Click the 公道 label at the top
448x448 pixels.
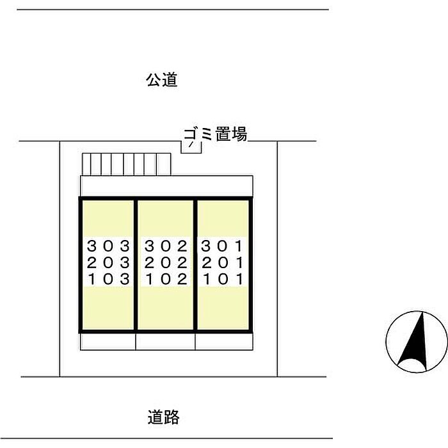161,81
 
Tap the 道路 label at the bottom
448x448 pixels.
163,418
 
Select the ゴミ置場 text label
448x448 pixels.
215,134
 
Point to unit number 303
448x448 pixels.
108,245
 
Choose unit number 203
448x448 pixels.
108,262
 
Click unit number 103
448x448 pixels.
108,278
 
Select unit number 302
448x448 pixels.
166,245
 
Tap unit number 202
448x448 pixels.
166,262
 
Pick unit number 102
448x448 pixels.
166,278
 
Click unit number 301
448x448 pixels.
223,245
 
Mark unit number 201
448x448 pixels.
223,262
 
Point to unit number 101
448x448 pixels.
223,278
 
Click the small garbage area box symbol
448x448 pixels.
191,147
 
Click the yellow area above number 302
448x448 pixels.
166,218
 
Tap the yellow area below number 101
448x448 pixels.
223,308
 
